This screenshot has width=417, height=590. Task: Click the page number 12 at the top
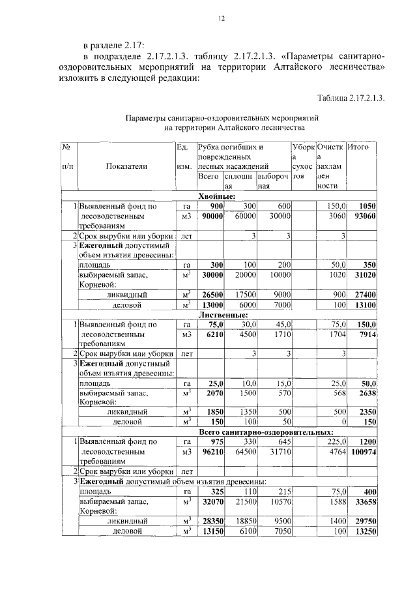coord(222,20)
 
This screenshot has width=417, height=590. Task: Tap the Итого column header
coord(358,148)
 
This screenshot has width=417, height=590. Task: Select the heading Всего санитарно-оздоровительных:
coord(266,432)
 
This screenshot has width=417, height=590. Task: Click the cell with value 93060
coord(362,216)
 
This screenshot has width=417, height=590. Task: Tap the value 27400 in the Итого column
coord(362,295)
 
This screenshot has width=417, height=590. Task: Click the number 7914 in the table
coord(365,334)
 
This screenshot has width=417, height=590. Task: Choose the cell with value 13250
coord(362,531)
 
